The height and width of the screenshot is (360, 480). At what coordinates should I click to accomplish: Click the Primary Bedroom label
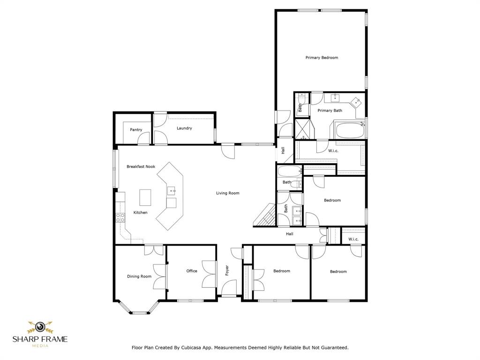pos(322,58)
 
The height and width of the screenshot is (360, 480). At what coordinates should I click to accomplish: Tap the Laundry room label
pos(184,128)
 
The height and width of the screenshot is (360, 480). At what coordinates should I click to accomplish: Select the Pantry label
pos(136,130)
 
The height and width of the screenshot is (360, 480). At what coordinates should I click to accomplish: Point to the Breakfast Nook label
pos(141,166)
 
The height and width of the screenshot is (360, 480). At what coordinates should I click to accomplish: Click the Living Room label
pos(228,193)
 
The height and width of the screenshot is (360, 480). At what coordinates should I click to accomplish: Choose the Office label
pos(192,271)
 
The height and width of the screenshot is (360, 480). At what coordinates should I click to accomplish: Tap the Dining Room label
pos(139,277)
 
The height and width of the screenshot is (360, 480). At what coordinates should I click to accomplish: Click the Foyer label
pos(227,270)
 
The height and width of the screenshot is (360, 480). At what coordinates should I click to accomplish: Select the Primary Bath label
pos(330,111)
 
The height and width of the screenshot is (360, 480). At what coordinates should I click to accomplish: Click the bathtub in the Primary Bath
pos(350,131)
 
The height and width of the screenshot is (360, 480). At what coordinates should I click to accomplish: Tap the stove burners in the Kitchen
pos(120,217)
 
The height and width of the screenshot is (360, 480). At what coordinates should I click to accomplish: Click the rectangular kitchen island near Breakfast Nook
pos(145,197)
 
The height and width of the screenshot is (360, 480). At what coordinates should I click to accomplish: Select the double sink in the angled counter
pos(172,191)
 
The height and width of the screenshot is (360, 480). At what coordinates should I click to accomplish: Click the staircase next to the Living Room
pos(264,215)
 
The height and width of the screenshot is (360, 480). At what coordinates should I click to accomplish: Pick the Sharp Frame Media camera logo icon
pos(40,327)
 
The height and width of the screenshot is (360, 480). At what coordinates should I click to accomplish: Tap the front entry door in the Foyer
pos(229,288)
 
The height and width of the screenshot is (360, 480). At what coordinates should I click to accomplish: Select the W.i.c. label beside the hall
pos(353,240)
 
